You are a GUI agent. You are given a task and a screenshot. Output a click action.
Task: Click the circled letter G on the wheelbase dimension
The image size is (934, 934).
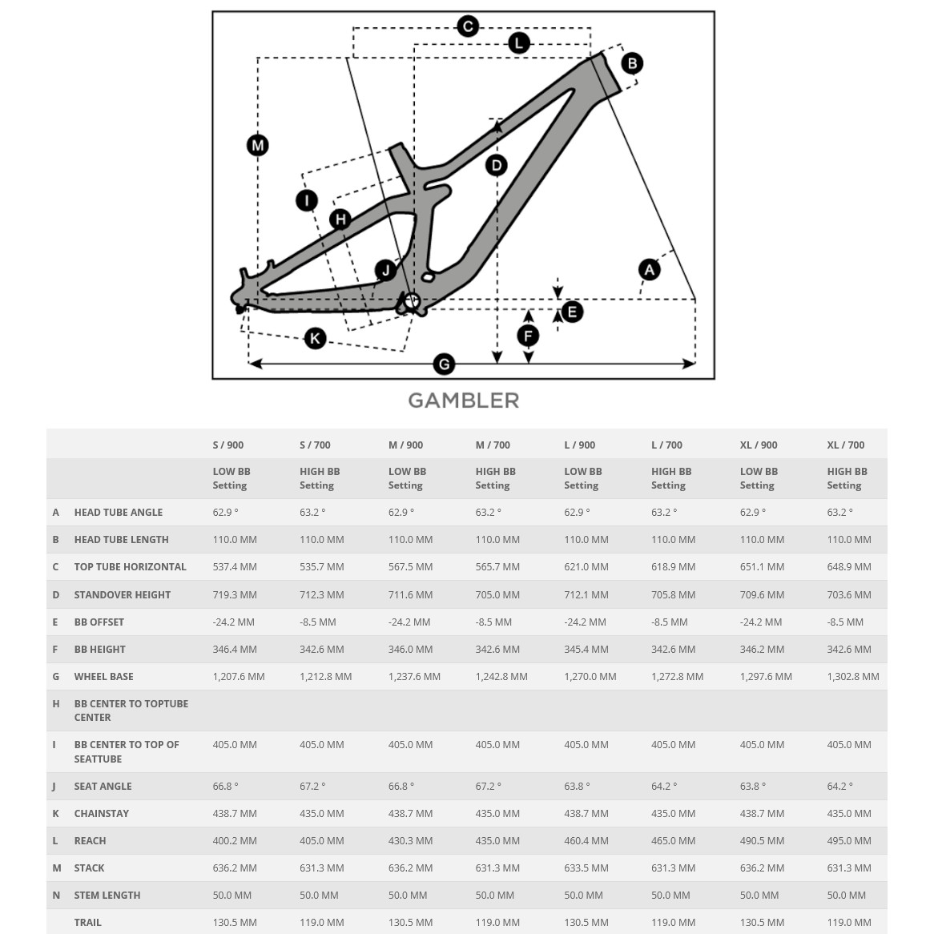[x=444, y=364]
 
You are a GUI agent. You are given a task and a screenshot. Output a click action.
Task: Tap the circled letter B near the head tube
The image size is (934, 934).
[x=632, y=63]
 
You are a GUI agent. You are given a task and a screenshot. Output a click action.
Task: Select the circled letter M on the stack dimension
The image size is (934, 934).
[x=257, y=145]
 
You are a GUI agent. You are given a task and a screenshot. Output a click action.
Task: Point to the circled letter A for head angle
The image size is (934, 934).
[x=650, y=270]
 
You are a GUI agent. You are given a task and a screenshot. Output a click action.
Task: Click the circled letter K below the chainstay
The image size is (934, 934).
[x=315, y=338]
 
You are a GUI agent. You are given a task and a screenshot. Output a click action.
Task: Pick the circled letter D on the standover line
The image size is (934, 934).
[x=497, y=166]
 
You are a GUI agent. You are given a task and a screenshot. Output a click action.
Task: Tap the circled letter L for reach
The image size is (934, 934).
[x=519, y=43]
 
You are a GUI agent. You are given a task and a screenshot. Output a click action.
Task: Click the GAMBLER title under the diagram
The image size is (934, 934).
[x=464, y=401]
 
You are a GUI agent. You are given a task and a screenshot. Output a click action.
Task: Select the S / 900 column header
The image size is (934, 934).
[x=228, y=445]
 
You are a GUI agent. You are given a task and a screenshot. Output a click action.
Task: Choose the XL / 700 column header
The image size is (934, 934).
[x=846, y=445]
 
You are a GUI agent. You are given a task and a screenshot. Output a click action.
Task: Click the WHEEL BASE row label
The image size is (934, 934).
[x=104, y=677]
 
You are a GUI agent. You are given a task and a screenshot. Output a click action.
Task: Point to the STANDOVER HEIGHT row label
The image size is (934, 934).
[x=123, y=595]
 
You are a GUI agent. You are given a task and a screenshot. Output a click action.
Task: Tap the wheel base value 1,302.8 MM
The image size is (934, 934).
[x=853, y=677]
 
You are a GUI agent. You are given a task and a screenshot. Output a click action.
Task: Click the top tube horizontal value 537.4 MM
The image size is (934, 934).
[x=235, y=567]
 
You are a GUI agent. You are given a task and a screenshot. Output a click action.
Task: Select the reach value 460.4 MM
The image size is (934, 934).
[x=586, y=841]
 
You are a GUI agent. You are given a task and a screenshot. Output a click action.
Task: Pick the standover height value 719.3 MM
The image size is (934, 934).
[x=235, y=595]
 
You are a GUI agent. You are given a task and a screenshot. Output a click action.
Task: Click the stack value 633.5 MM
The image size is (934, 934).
[x=586, y=868]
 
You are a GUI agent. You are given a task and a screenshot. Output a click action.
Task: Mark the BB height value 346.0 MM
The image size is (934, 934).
[x=411, y=650]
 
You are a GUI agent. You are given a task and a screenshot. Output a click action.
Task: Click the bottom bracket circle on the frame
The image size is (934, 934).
[x=412, y=301]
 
